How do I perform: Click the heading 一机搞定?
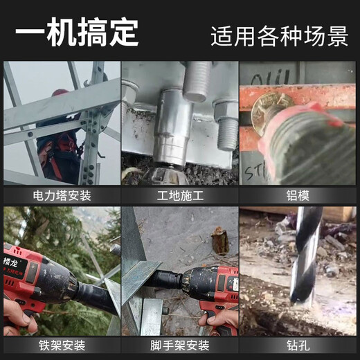point(77,32)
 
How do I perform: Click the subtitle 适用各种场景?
point(279,35)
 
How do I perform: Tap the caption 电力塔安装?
point(62,195)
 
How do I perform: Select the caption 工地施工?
point(179,195)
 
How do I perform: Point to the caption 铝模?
point(298,195)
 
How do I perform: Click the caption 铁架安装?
point(62,345)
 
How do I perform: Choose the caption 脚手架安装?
point(179,345)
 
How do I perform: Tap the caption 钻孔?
point(298,345)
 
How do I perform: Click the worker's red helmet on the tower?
point(60,93)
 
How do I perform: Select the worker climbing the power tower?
point(59,132)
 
